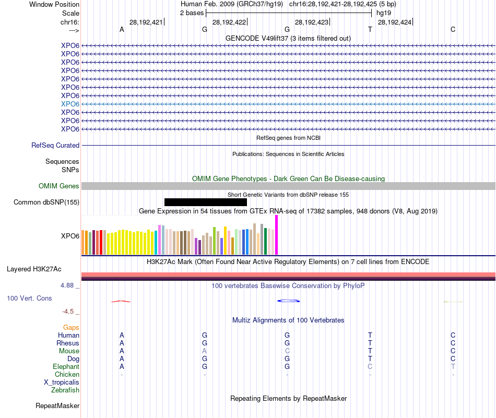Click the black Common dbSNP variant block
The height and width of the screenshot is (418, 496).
205,202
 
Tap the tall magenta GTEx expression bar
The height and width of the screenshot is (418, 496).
276,235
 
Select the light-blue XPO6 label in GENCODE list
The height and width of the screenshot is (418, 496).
70,104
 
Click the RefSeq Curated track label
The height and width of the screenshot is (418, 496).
55,146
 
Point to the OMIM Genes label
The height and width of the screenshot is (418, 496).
59,186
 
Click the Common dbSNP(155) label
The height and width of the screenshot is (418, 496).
46,202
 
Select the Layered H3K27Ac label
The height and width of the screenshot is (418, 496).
34,269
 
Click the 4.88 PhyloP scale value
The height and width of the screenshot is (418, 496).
68,285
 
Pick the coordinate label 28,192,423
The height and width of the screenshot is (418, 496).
312,22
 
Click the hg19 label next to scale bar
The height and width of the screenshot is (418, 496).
384,13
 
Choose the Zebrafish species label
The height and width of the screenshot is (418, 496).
65,390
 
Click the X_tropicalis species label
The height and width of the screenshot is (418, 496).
62,382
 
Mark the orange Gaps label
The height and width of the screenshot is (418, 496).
71,327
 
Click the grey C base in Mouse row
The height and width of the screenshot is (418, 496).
287,351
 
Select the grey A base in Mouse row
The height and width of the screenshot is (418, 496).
205,351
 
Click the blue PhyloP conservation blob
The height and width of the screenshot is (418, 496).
288,301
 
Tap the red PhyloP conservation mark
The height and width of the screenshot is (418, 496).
121,301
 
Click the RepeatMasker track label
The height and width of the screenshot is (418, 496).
57,405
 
